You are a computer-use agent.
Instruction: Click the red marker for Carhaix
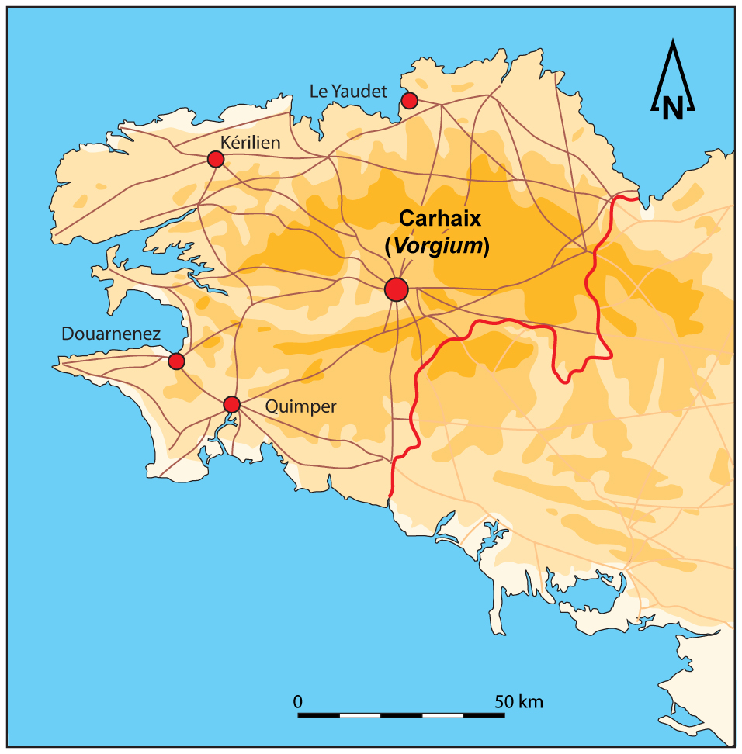[x=396, y=289]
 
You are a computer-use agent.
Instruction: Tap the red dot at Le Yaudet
[x=409, y=100]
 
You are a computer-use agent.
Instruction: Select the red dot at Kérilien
[x=216, y=159]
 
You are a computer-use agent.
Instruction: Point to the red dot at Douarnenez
[x=176, y=361]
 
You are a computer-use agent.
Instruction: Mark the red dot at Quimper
[x=231, y=404]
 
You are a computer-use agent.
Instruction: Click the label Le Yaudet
[x=348, y=92]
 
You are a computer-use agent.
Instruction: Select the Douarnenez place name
[x=111, y=334]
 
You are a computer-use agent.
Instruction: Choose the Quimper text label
[x=300, y=406]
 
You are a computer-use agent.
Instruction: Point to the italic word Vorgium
[x=437, y=247]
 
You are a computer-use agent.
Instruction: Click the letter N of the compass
[x=672, y=109]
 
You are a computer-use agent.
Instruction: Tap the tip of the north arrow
[x=672, y=44]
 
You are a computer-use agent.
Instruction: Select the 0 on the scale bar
[x=299, y=701]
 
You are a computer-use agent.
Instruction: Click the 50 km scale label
[x=519, y=701]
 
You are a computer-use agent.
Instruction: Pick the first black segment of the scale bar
[x=319, y=714]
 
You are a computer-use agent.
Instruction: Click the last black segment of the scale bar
[x=484, y=714]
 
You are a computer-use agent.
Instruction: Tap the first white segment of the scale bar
[x=360, y=714]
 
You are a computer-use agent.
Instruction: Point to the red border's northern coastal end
[x=638, y=198]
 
